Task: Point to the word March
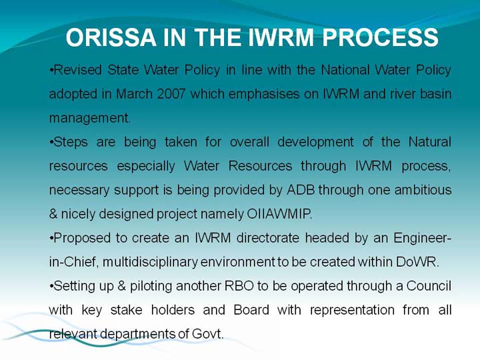pos(134,94)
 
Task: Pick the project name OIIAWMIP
pos(279,214)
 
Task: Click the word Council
pos(429,286)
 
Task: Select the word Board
pos(251,310)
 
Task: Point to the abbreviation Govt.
pos(208,334)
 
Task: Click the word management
pos(90,119)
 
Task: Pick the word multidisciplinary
pos(150,263)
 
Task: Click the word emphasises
pos(264,94)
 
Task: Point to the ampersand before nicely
pos(53,214)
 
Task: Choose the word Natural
pos(430,142)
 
